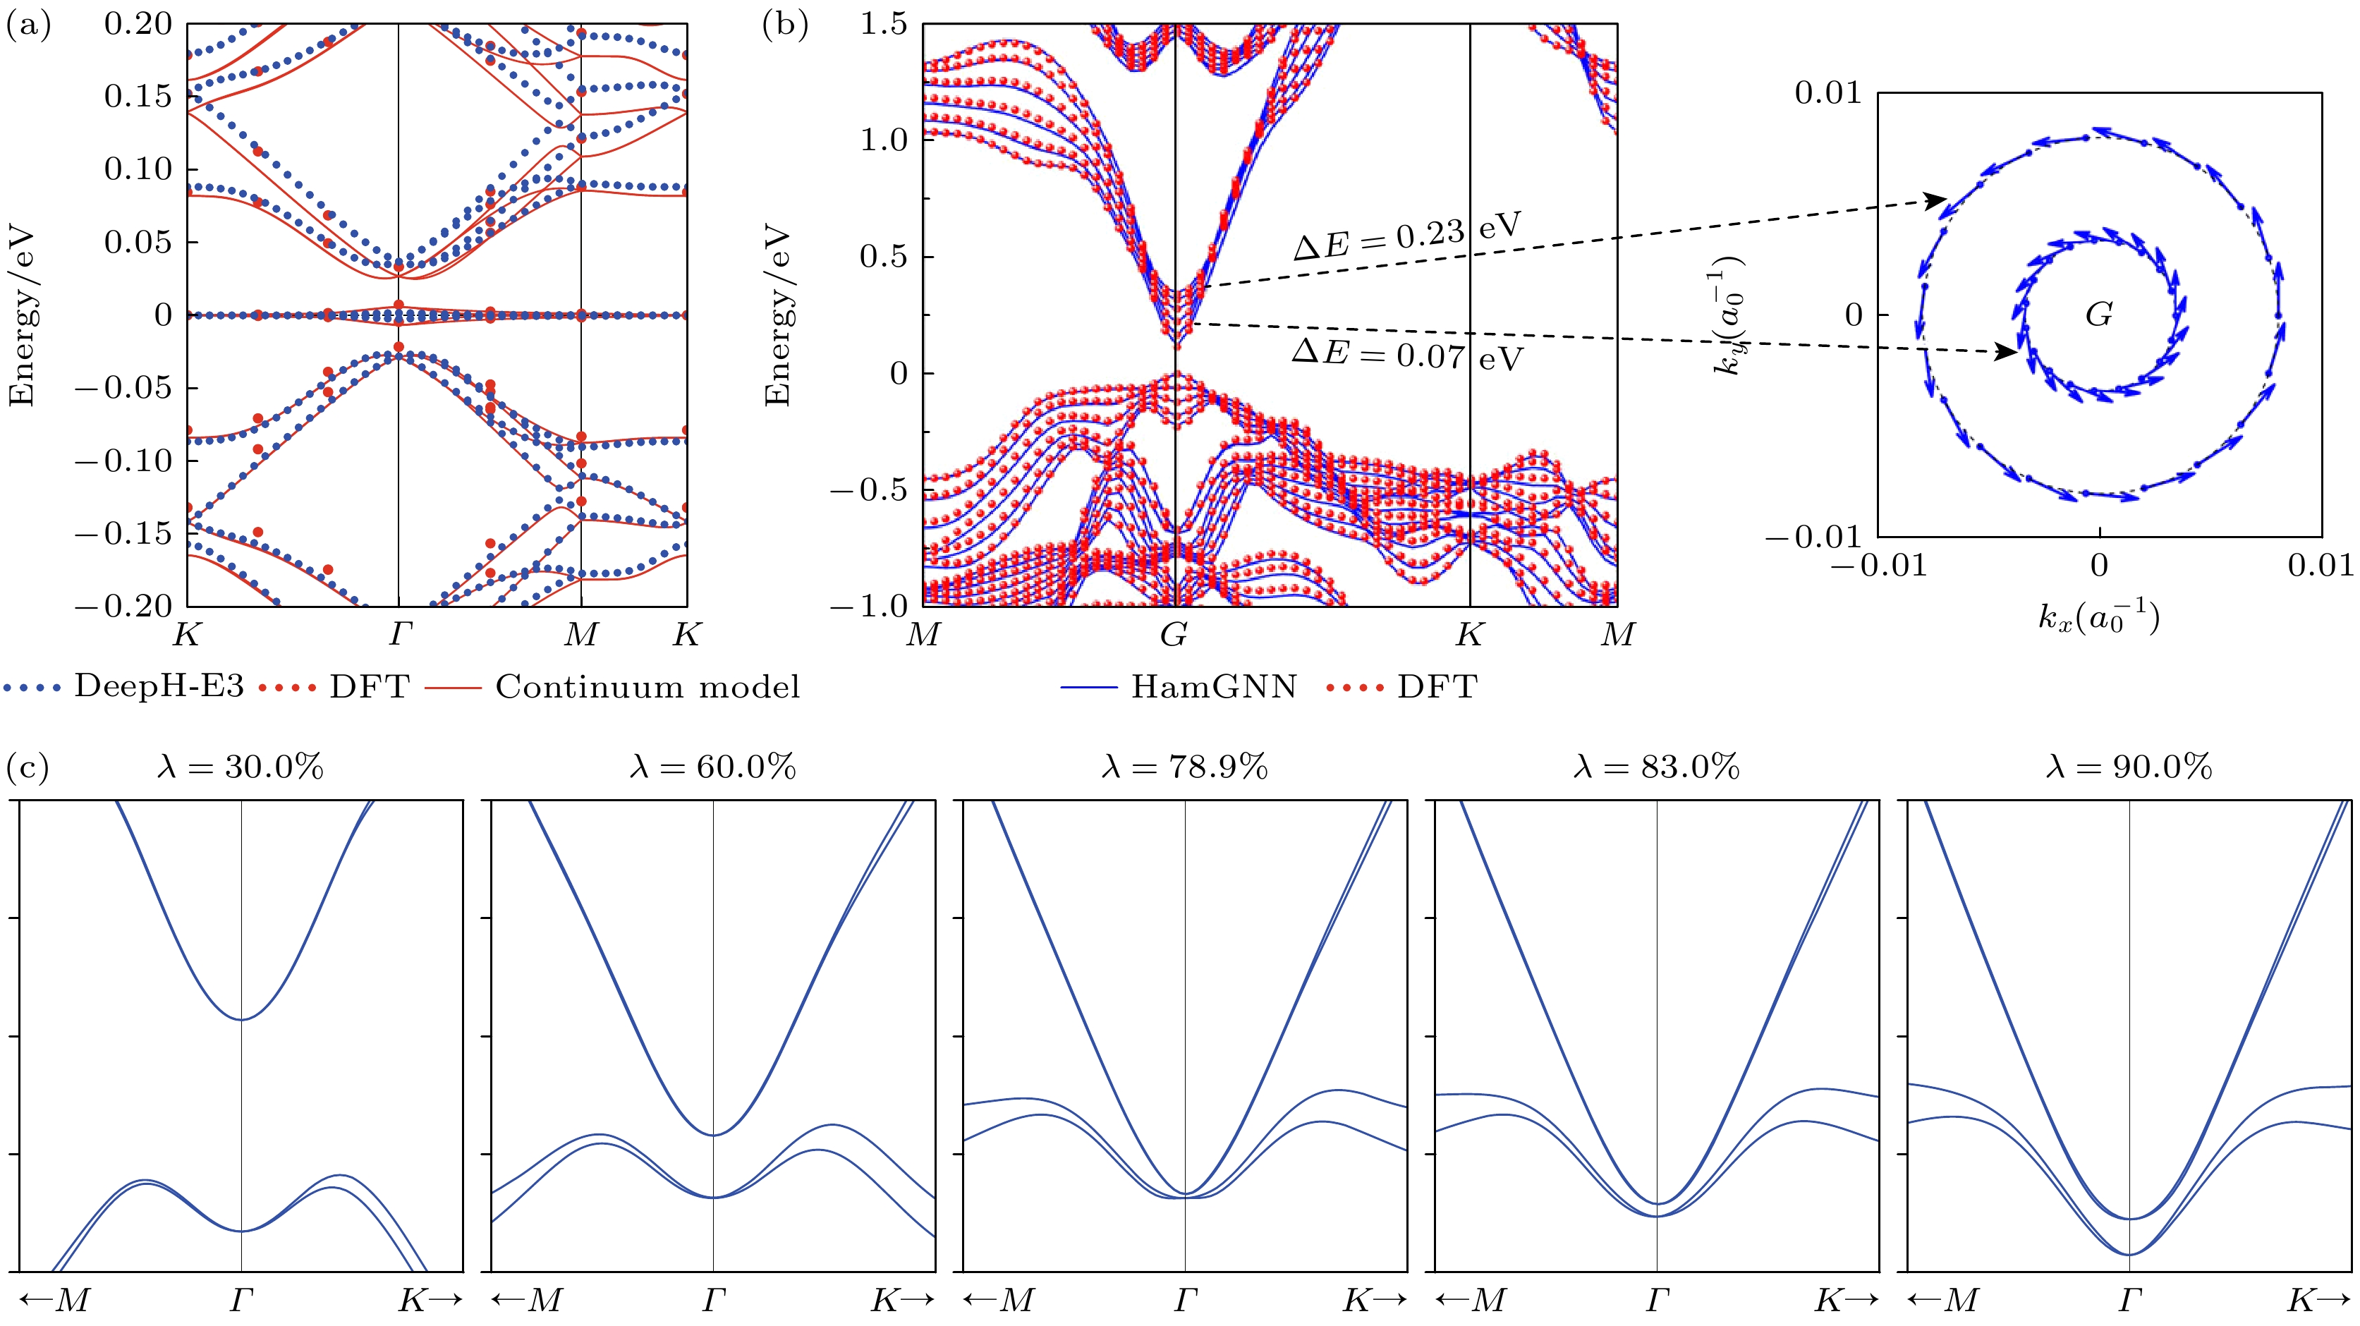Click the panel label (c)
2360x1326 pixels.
coord(28,767)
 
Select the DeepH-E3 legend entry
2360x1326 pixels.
coord(123,687)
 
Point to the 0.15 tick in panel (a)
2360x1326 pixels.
coord(138,96)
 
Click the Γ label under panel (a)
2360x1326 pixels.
coord(399,634)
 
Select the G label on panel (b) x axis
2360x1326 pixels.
coord(1174,634)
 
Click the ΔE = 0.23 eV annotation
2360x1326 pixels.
coord(1407,236)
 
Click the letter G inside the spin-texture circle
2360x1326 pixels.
coord(2099,315)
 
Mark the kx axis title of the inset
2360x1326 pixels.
coord(2098,619)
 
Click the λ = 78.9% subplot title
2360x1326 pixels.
coord(1184,767)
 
